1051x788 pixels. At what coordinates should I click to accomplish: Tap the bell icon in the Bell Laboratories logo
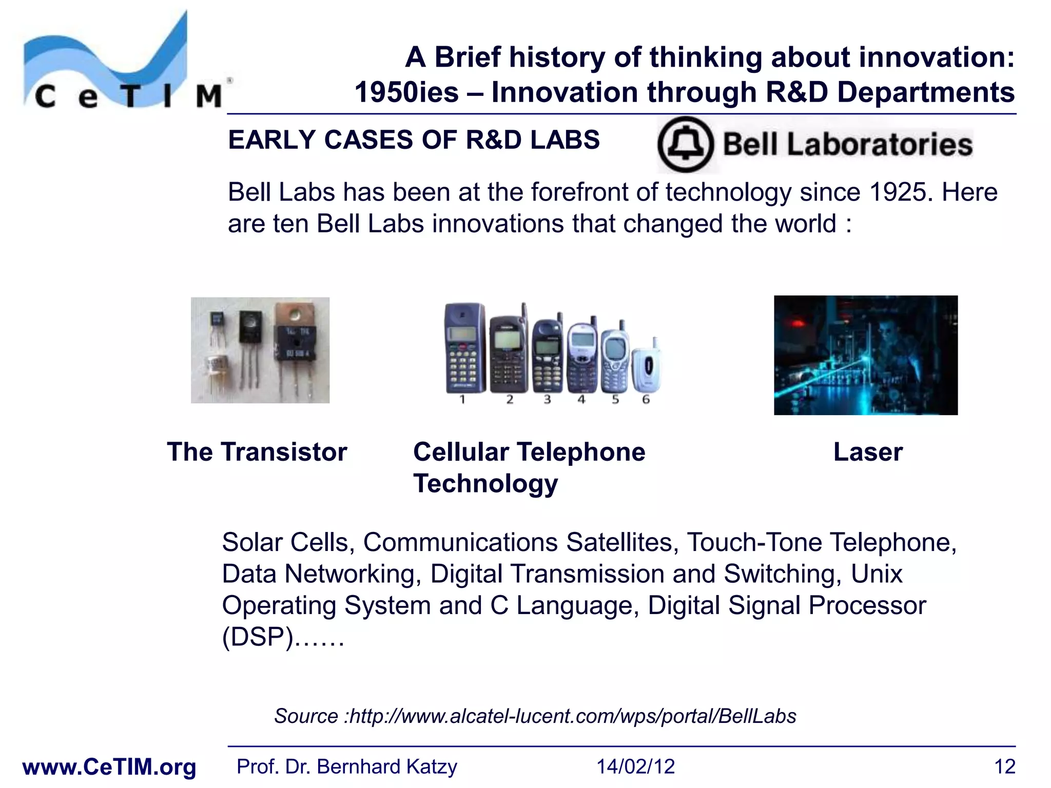tap(685, 144)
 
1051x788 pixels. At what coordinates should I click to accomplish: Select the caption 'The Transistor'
tap(257, 452)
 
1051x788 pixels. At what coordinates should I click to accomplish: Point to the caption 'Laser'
tap(867, 452)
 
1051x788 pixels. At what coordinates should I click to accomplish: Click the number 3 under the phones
tap(547, 399)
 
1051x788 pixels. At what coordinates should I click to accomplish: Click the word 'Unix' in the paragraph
tap(877, 574)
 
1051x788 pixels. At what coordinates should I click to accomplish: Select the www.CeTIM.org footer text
tap(109, 767)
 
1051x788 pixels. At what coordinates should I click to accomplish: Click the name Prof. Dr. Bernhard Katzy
tap(346, 767)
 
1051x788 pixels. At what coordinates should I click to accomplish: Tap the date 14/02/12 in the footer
tap(635, 767)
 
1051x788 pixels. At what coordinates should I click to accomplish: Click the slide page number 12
tap(1004, 767)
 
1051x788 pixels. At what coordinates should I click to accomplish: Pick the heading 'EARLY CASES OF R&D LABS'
tap(414, 140)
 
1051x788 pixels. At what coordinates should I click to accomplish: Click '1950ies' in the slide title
tap(406, 93)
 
